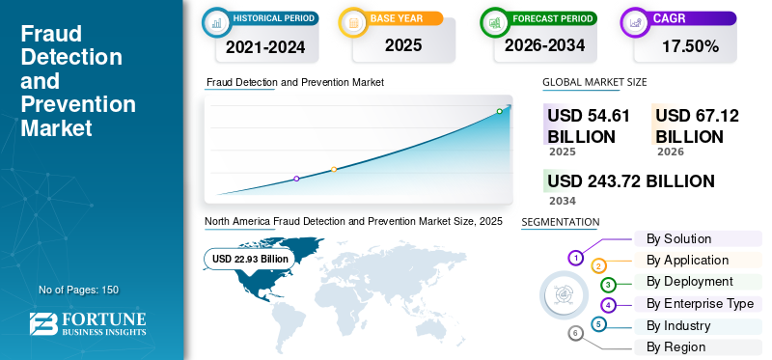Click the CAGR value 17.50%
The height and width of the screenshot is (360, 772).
tap(690, 45)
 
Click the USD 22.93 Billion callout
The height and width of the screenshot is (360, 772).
tap(250, 259)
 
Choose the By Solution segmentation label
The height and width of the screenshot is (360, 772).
tap(678, 238)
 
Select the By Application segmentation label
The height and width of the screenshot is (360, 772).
tap(687, 260)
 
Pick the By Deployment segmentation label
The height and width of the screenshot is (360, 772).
tap(690, 281)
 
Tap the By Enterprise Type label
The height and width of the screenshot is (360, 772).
tap(700, 303)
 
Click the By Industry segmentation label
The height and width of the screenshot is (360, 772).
tap(678, 325)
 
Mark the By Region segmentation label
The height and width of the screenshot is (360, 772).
tap(675, 346)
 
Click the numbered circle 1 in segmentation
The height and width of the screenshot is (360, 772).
tap(575, 258)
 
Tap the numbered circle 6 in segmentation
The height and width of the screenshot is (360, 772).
tap(575, 333)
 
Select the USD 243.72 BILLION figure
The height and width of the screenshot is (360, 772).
tap(631, 181)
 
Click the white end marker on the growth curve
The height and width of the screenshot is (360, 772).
tap(499, 111)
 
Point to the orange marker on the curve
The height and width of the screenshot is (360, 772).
tap(334, 170)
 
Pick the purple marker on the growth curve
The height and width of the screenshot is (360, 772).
tap(296, 179)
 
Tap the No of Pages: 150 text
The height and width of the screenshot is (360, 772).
tap(78, 290)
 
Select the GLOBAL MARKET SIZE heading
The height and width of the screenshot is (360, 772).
tap(594, 82)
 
